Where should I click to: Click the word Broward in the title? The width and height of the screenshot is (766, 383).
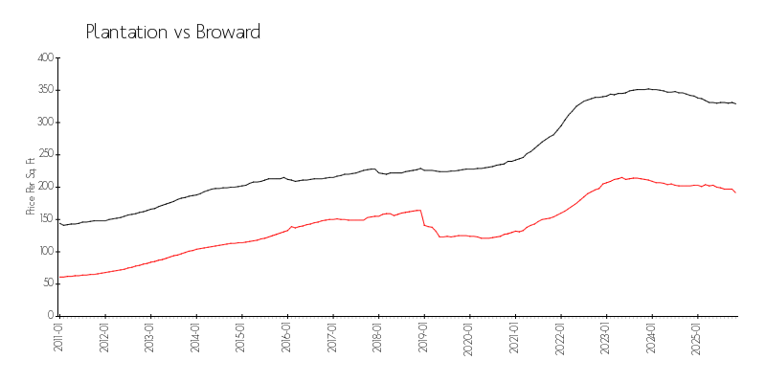click(228, 32)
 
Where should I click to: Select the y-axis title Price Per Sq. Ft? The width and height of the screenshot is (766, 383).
click(31, 187)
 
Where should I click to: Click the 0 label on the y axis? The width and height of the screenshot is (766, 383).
click(50, 315)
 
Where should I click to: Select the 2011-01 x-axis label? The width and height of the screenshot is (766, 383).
click(59, 339)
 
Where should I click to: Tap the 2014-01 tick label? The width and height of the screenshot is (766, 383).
click(196, 339)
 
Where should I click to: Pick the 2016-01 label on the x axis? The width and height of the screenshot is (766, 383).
click(287, 339)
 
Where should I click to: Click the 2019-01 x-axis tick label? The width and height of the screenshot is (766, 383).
click(424, 339)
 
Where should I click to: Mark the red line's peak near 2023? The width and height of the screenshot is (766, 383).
click(622, 177)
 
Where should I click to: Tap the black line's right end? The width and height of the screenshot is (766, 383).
click(735, 103)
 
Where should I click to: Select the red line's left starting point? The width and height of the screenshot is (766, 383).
click(59, 277)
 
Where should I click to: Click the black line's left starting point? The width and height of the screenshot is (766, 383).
click(59, 223)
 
